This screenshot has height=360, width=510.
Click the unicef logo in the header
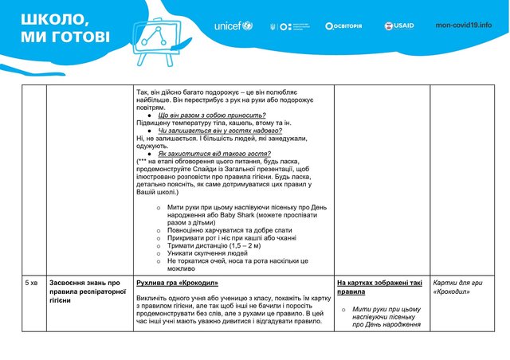tap(233, 25)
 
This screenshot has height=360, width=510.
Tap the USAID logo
tap(398, 25)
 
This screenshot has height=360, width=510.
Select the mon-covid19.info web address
tap(463, 25)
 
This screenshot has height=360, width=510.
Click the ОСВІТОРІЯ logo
tap(343, 25)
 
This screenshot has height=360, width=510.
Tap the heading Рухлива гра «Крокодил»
tap(177, 283)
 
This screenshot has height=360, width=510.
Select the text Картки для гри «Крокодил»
tap(458, 287)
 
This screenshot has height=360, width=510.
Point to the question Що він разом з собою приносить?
tap(212, 115)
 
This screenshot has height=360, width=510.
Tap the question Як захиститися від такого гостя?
tap(211, 153)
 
